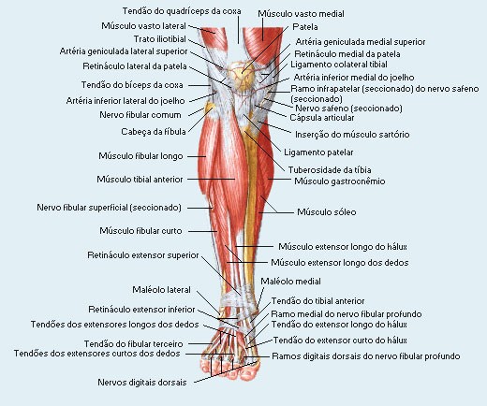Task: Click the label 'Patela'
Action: click(305, 27)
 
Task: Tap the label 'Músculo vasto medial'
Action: click(301, 14)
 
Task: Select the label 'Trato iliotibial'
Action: click(160, 39)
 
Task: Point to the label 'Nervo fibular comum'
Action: click(140, 115)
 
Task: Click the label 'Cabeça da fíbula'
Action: click(154, 132)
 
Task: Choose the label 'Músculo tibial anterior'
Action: click(140, 180)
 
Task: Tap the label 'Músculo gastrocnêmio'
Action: click(340, 181)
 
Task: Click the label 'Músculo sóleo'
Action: click(326, 212)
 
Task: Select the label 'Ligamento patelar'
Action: click(318, 152)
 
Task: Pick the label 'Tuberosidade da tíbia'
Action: click(330, 170)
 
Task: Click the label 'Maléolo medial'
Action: click(290, 282)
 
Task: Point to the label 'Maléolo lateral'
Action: click(161, 290)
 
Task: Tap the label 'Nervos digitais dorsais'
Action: click(142, 383)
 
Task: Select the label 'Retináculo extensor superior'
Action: click(143, 255)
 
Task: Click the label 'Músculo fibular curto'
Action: click(140, 231)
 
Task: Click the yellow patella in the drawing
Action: click(241, 77)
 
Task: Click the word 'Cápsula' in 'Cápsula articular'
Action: click(304, 118)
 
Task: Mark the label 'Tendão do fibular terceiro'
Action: click(133, 344)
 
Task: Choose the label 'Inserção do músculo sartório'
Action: click(352, 135)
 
